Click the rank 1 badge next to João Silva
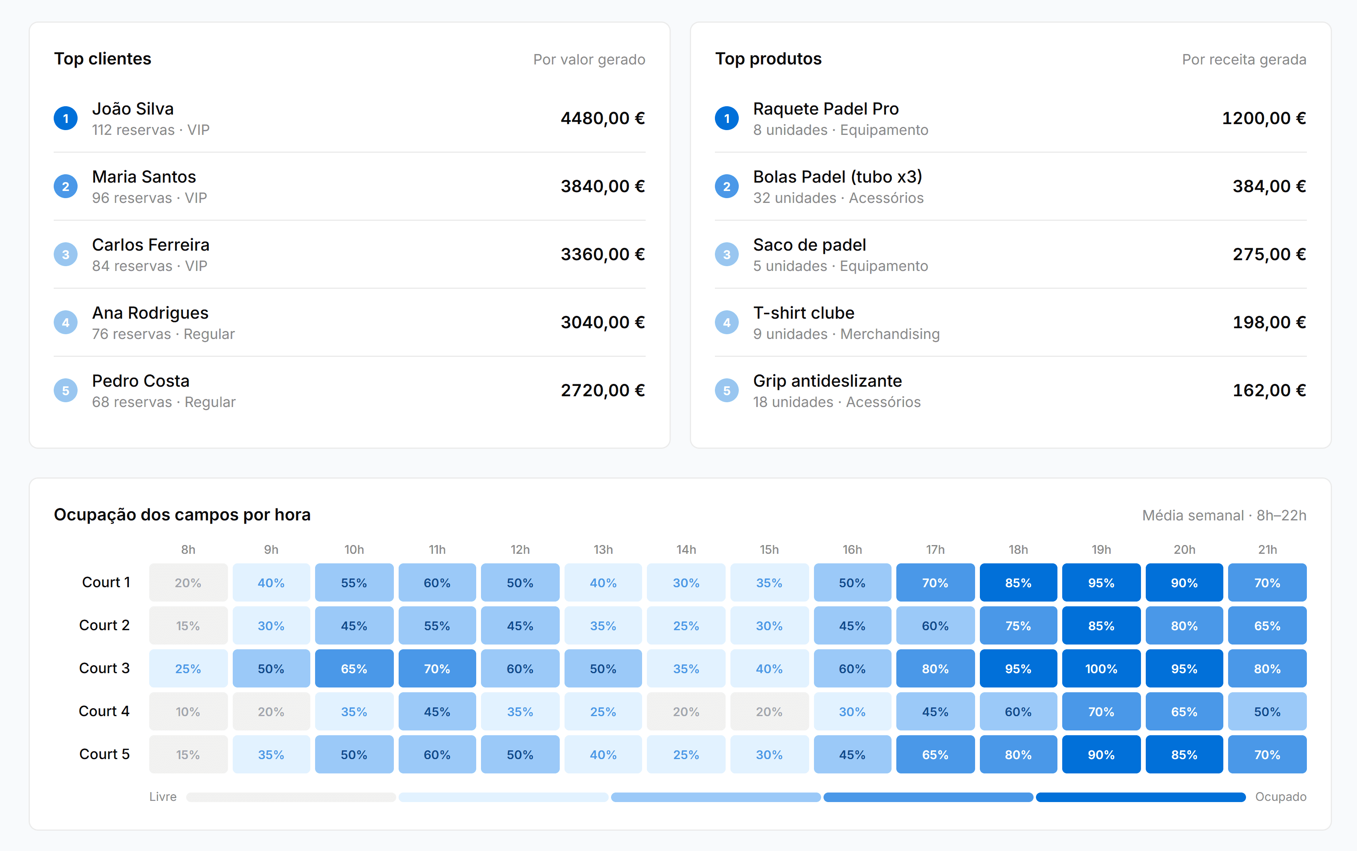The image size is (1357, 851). [66, 118]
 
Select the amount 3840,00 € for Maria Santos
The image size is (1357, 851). [602, 186]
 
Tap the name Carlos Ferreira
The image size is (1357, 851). [150, 245]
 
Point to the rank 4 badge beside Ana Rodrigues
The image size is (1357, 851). [66, 323]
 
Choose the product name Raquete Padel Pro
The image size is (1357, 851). [825, 109]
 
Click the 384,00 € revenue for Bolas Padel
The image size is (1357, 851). [1269, 186]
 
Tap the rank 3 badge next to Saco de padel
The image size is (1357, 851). [726, 254]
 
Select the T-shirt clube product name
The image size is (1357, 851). [804, 313]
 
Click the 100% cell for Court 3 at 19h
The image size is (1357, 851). [1101, 669]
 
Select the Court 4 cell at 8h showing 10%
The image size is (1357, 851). [188, 711]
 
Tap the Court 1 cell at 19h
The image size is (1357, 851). [1101, 582]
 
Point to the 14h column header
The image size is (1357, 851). [686, 549]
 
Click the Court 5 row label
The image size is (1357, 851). [104, 754]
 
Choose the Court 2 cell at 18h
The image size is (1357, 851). [1018, 625]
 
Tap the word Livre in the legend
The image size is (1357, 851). [163, 797]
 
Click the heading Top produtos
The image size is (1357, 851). [768, 58]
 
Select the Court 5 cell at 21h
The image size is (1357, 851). [1267, 754]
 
